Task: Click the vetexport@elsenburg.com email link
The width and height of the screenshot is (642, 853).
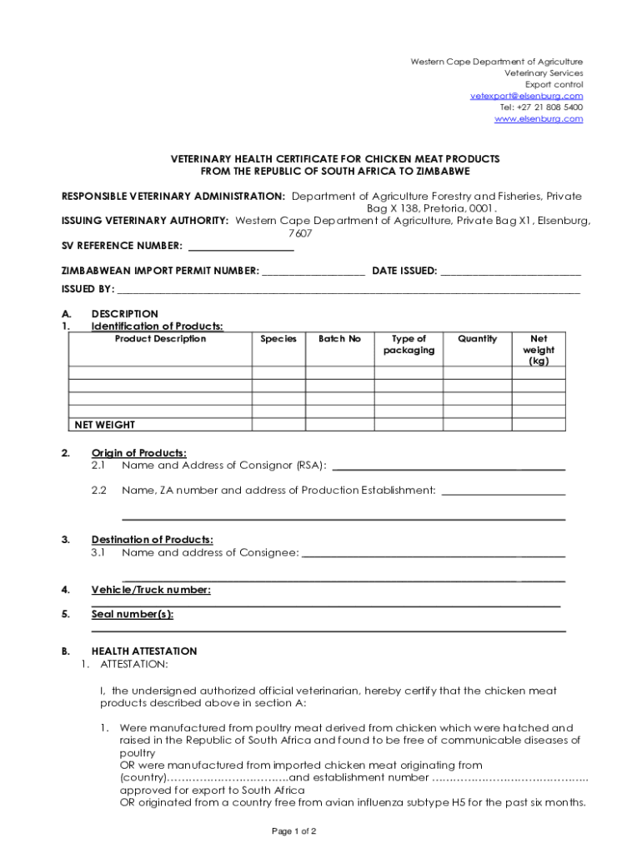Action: tap(526, 96)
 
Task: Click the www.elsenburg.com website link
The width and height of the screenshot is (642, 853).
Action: tap(539, 119)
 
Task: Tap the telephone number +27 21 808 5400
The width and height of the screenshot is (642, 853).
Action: tap(541, 107)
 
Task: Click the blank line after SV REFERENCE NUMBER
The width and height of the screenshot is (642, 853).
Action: tap(241, 246)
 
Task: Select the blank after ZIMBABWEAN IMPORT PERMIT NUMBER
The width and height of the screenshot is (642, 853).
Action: tap(313, 271)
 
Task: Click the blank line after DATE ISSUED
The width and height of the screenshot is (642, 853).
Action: tap(510, 271)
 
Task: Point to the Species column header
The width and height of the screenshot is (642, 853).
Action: tap(278, 339)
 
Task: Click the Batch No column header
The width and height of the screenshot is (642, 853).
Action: tap(339, 339)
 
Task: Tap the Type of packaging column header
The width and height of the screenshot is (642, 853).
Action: tap(409, 345)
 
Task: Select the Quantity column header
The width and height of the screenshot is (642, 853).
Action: tap(477, 339)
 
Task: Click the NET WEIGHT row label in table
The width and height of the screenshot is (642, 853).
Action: tap(105, 425)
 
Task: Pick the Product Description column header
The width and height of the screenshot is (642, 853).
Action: tap(160, 339)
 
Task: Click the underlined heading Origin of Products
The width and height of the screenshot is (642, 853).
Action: tap(138, 452)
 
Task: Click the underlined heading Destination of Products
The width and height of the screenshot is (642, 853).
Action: tap(152, 540)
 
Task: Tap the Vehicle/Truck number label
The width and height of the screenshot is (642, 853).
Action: tap(151, 590)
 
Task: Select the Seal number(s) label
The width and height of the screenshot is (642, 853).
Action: tap(133, 615)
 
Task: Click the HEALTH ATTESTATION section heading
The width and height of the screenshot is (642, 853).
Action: tap(144, 651)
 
